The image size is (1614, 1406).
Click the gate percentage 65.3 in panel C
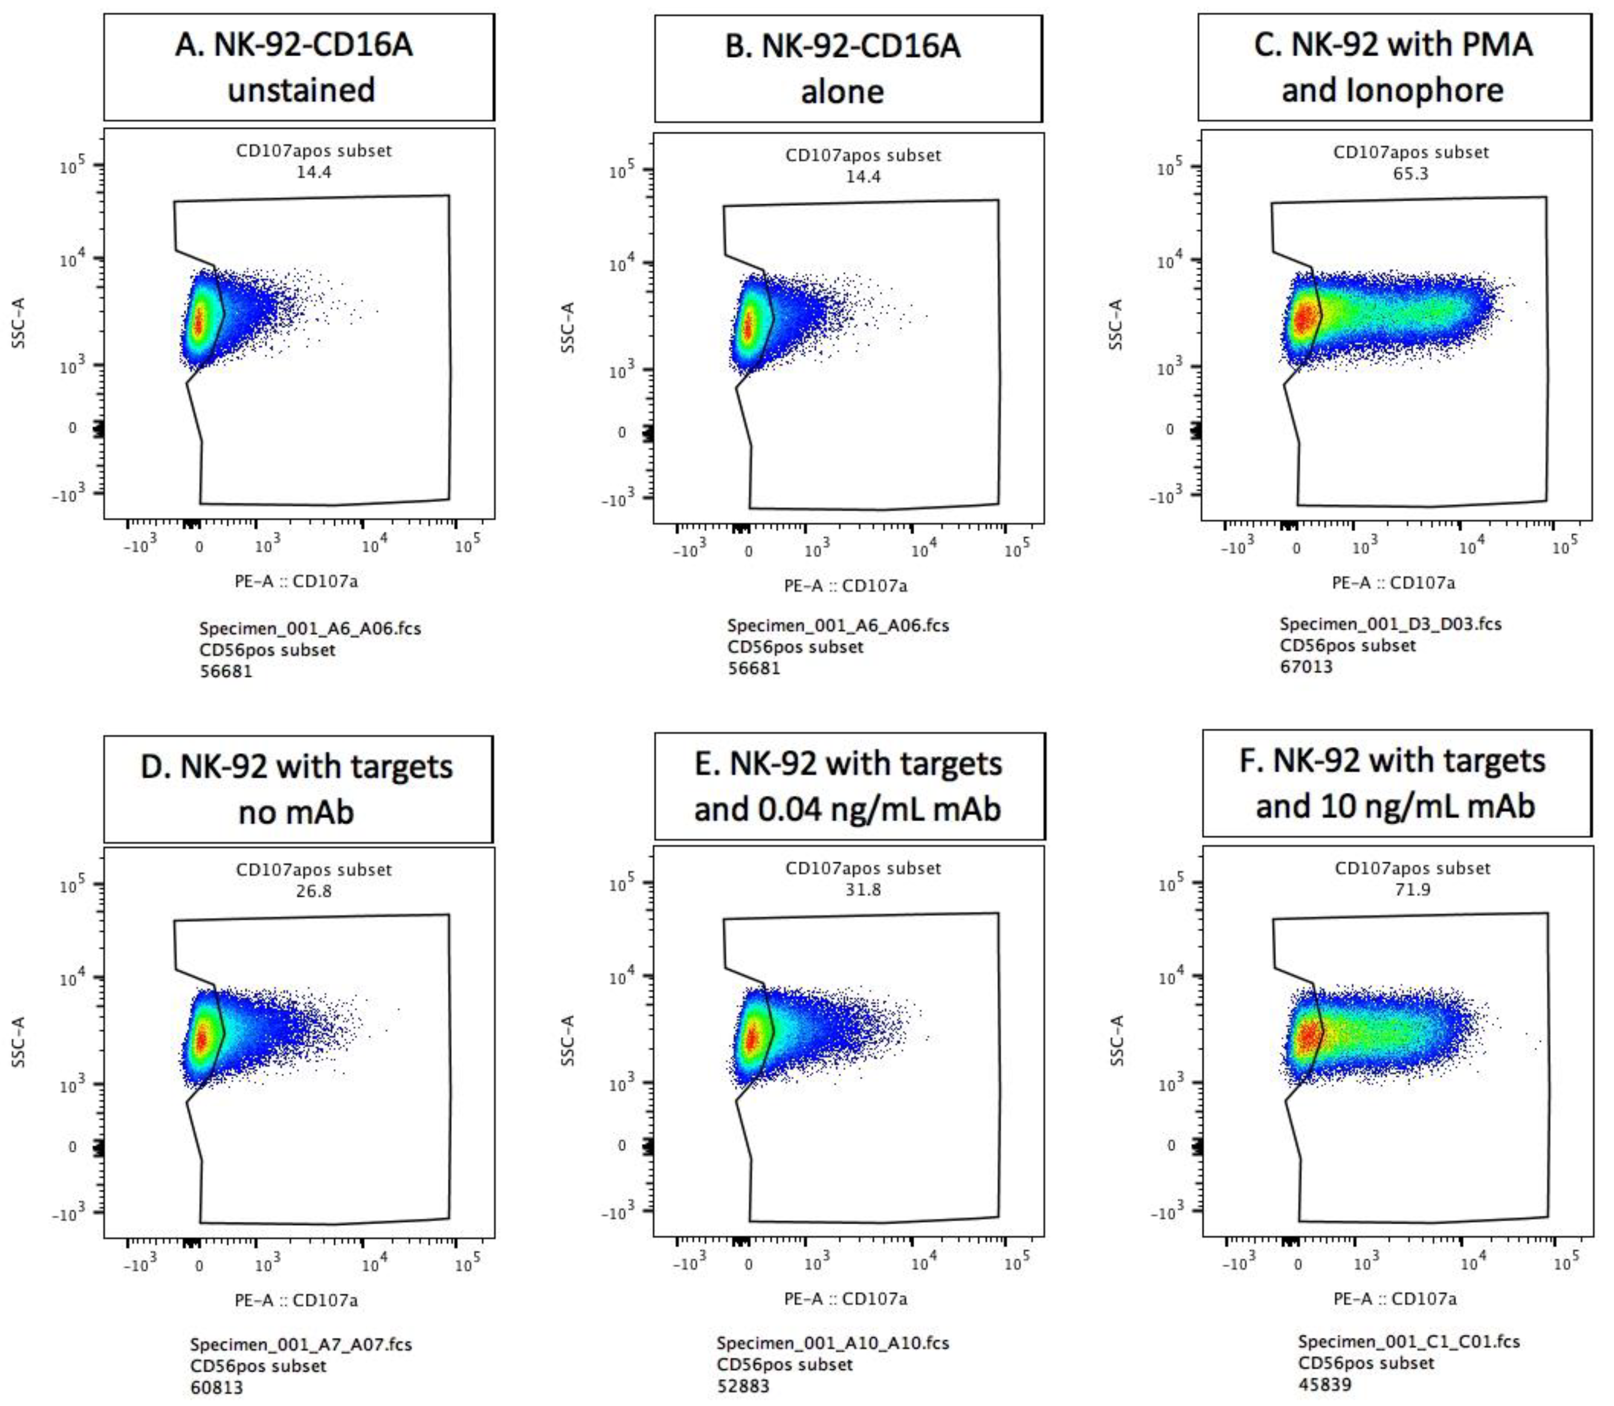point(1410,173)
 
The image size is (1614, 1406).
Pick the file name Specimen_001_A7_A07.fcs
point(301,1344)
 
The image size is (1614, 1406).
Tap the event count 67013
point(1306,666)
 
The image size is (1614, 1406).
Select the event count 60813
point(216,1387)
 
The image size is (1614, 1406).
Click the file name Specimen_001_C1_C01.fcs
point(1409,1341)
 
